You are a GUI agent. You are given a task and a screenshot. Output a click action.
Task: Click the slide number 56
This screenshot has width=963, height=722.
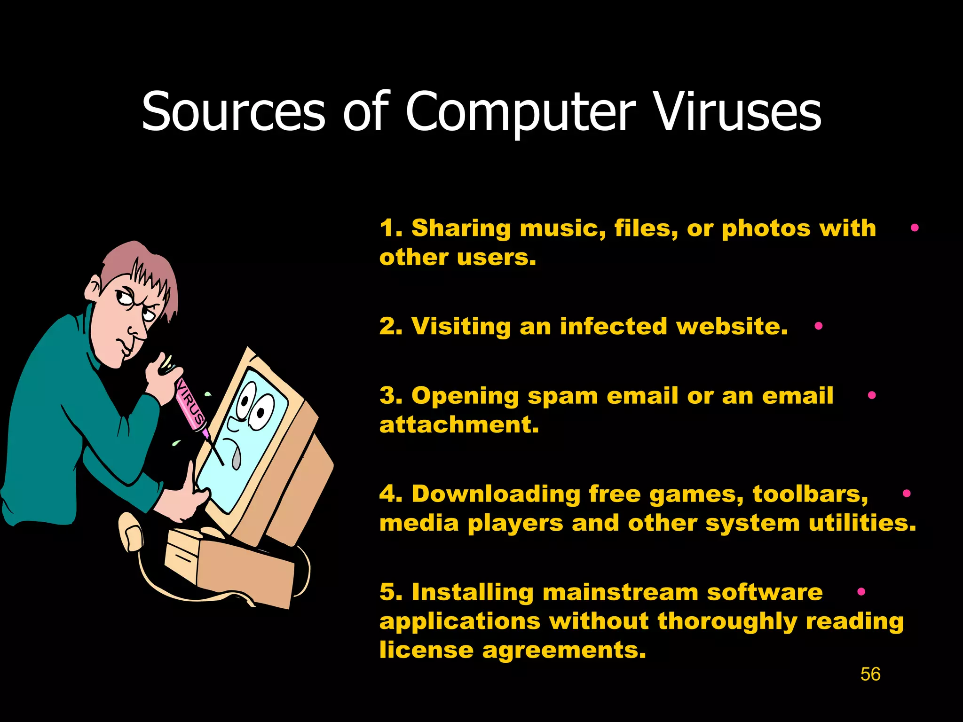pyautogui.click(x=870, y=674)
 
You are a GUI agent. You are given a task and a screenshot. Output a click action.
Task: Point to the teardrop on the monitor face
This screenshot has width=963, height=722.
pyautogui.click(x=236, y=458)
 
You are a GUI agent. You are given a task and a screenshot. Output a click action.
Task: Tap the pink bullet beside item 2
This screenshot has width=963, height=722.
pyautogui.click(x=819, y=326)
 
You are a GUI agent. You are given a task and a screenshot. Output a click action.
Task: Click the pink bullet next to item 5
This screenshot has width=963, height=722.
pyautogui.click(x=861, y=592)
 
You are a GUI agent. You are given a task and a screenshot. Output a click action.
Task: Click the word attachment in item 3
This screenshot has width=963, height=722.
pyautogui.click(x=459, y=425)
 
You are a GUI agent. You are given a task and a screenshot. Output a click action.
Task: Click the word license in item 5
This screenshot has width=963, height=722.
pyautogui.click(x=426, y=650)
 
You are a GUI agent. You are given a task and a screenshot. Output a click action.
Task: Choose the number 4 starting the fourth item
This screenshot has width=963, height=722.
pyautogui.click(x=387, y=494)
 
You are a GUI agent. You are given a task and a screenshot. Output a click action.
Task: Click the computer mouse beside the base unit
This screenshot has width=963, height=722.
pyautogui.click(x=130, y=531)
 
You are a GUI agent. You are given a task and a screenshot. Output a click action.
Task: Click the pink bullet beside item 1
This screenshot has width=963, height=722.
pyautogui.click(x=915, y=228)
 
